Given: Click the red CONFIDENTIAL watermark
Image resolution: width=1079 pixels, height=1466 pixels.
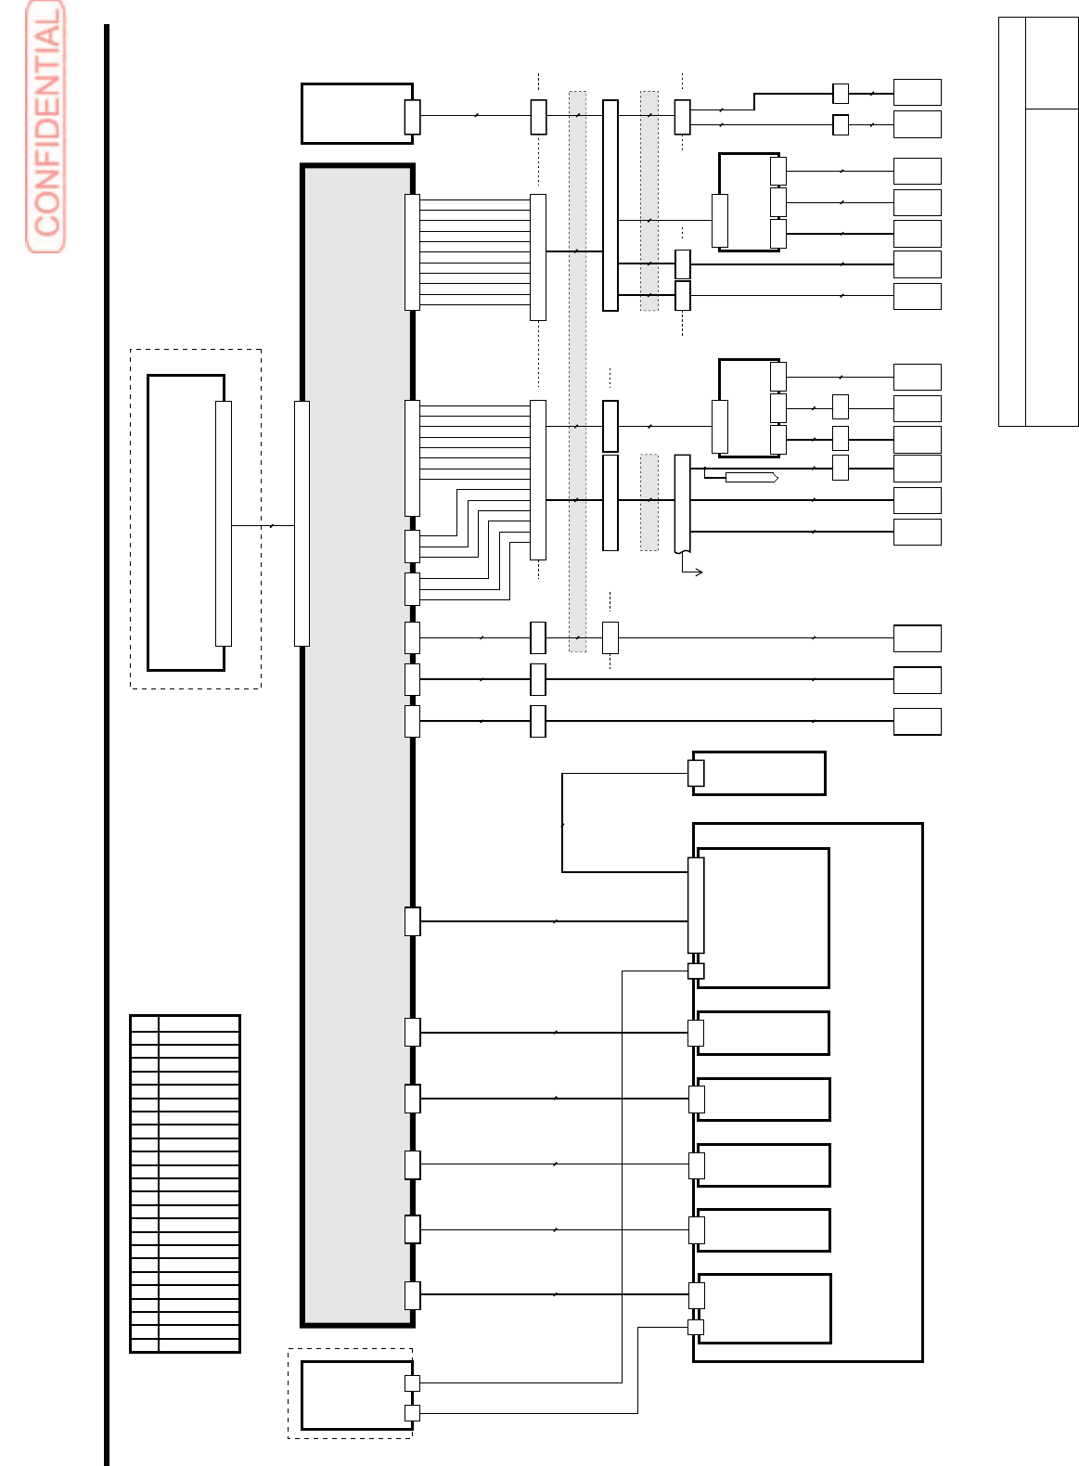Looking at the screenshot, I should pos(45,127).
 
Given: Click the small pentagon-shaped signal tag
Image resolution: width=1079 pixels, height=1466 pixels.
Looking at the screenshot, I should pos(751,477).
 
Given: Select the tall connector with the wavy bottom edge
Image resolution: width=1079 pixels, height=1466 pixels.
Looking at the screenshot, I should pos(682,504).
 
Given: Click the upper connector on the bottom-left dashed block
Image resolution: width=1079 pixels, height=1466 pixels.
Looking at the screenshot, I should pos(412,1382).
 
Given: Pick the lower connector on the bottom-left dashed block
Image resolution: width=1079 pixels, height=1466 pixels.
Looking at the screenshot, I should pos(412,1413).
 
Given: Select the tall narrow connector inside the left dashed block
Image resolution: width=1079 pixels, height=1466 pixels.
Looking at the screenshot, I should pos(224,523).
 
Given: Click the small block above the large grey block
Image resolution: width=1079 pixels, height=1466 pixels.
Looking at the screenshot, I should pos(356,113).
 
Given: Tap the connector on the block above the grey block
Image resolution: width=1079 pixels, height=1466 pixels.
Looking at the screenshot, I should pos(412,117).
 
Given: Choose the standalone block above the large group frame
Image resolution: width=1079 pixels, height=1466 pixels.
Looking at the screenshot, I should pos(759,773).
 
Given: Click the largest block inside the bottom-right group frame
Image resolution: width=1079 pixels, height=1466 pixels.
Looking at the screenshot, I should pos(763,918).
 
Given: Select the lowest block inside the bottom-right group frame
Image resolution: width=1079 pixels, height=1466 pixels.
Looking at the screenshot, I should pos(764,1308).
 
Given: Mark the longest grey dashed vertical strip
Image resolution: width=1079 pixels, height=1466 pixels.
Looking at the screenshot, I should pos(577,371).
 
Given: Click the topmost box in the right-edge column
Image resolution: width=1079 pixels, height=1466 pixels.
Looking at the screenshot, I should pos(917,92).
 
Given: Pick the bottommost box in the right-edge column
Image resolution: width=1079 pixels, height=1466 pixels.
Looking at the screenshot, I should pos(917,721).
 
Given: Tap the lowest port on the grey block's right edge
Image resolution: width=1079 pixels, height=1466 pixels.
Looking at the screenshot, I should pos(412,1295).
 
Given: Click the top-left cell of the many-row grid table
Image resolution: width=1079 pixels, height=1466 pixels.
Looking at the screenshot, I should pos(145,1023).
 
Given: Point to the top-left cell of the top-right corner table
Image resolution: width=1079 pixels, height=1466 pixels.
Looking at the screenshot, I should pos(1011,62).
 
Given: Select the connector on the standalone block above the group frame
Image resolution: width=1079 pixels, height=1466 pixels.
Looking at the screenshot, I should pos(697,773).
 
